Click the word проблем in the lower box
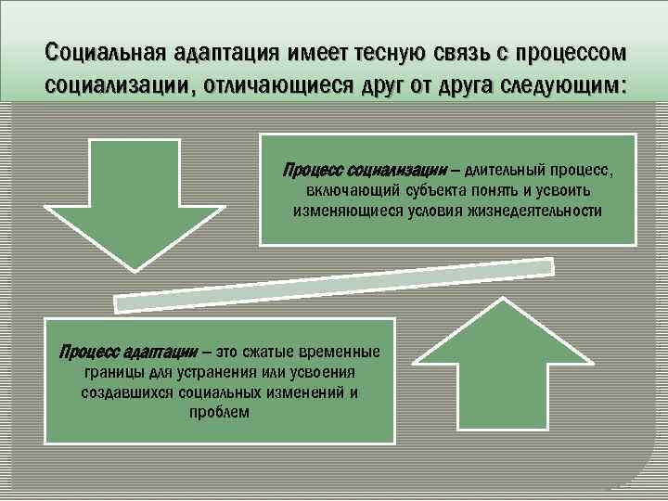[219, 412]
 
